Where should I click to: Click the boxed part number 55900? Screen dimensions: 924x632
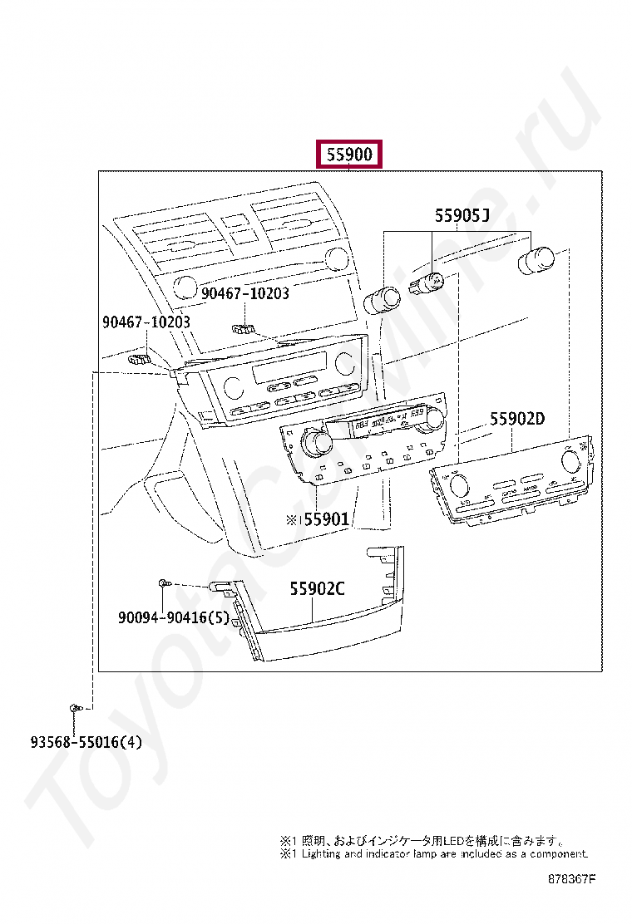[349, 155]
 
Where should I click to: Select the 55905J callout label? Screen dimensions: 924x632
[462, 216]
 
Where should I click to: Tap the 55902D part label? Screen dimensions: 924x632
[516, 419]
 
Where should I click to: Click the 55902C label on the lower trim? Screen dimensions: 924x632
[317, 589]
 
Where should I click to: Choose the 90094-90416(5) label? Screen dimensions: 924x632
[173, 617]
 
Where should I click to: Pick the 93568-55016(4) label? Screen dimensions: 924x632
[76, 741]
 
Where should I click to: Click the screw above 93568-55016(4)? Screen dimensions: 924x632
[75, 708]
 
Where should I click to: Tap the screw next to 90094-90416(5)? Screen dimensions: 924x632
[165, 585]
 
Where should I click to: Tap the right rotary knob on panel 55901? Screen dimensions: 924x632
[431, 425]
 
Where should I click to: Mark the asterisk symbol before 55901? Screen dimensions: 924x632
[291, 519]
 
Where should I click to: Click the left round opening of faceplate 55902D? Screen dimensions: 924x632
[458, 485]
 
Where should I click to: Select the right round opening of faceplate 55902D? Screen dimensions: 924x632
[573, 468]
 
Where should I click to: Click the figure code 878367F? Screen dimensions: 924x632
[572, 877]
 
